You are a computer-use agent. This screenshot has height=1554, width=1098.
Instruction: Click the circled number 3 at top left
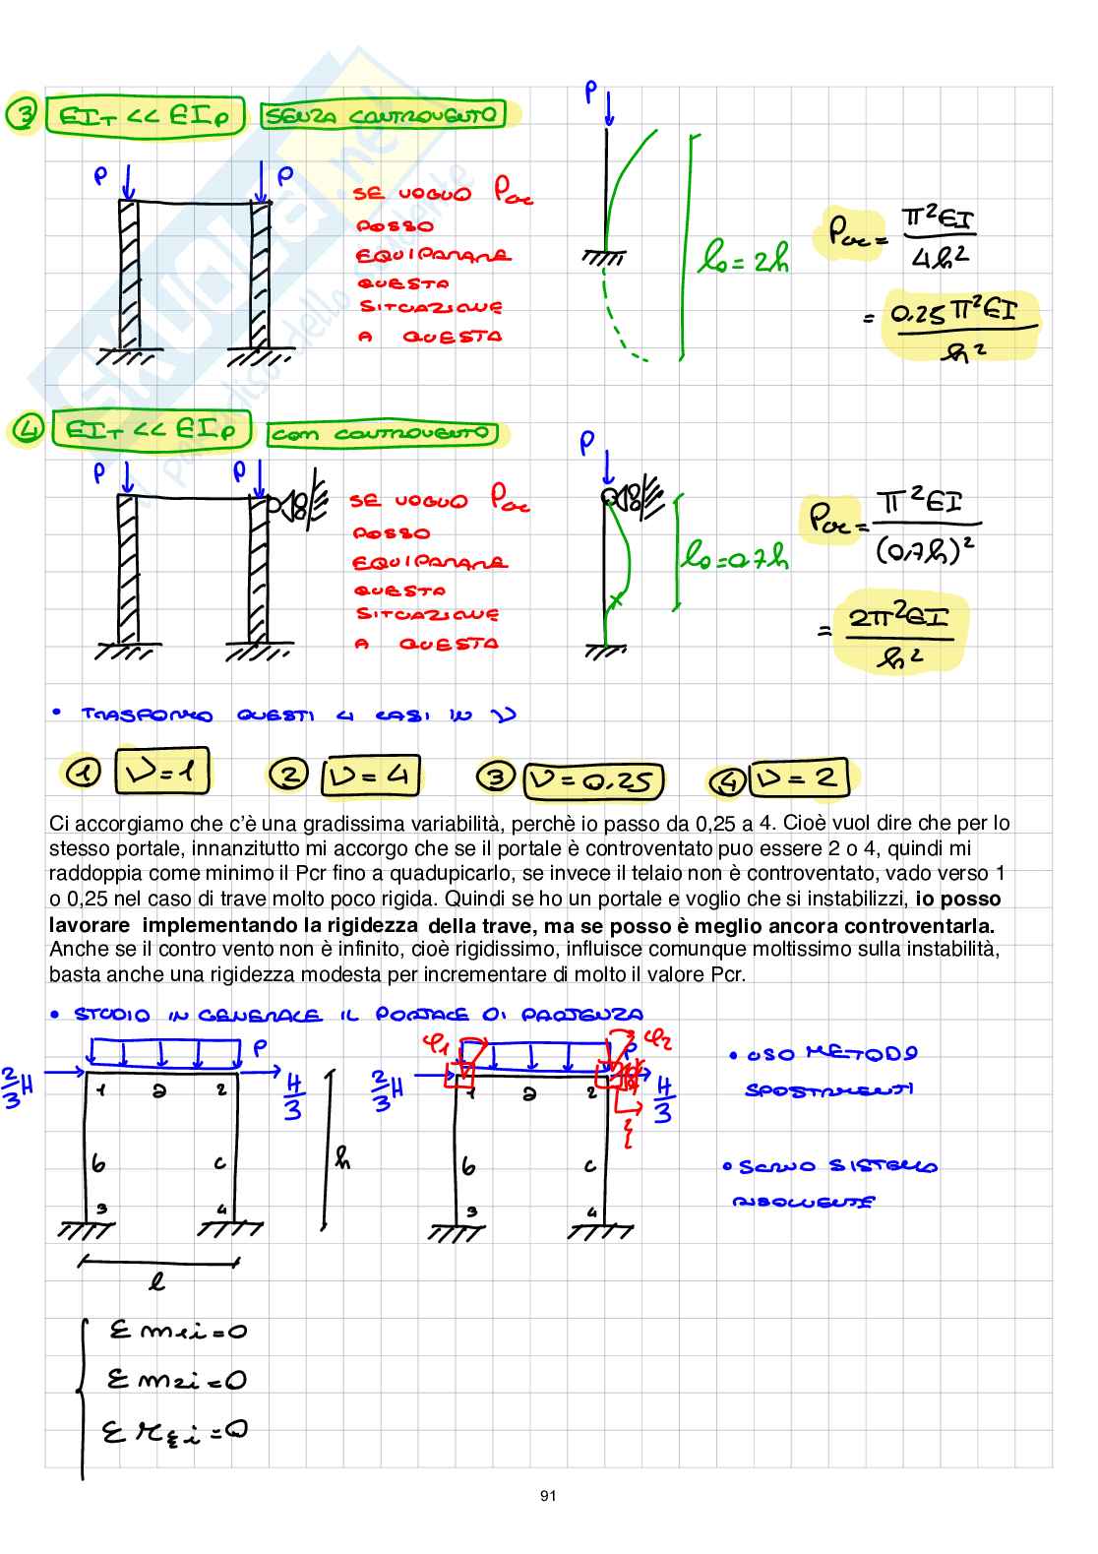coord(21,115)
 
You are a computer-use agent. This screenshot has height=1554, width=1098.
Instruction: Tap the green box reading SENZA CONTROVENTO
coord(382,116)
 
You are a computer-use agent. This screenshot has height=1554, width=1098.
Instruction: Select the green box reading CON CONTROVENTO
coord(382,433)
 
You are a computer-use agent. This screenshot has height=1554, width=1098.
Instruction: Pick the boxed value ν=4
coord(371,777)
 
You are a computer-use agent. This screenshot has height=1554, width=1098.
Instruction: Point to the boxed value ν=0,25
coord(593,780)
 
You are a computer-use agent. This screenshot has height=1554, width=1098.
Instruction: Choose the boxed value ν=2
coord(798,779)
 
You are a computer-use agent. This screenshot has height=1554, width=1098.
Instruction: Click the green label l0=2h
coord(743,260)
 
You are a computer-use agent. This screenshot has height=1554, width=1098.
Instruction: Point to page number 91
coord(548,1496)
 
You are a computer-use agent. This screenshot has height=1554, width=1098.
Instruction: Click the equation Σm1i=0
coord(177,1332)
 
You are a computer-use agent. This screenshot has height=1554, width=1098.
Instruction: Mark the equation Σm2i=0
coord(177,1380)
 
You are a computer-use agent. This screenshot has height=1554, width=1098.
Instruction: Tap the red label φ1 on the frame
coord(434,1042)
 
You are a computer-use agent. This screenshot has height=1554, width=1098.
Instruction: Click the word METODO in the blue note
coord(861,1053)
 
